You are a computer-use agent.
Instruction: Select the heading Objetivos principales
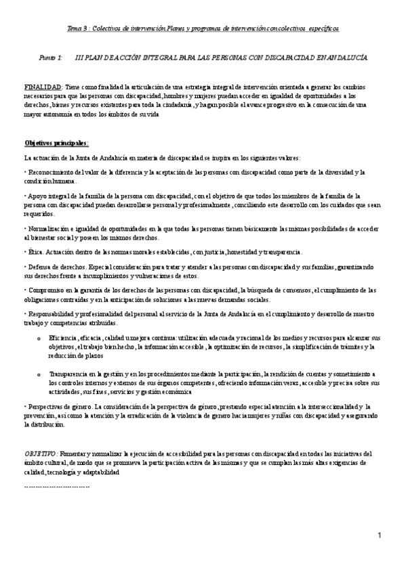(x=56, y=143)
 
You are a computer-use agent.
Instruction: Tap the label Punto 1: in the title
(x=51, y=59)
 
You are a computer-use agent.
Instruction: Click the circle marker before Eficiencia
(x=39, y=337)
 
